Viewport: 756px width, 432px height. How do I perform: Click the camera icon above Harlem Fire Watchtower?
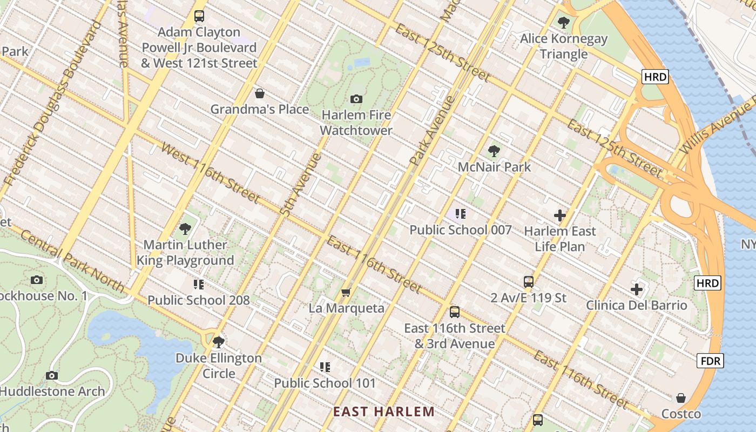356,99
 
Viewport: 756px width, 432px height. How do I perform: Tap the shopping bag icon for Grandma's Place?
260,93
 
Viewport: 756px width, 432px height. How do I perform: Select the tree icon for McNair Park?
494,151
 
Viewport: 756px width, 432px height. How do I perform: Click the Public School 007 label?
460,230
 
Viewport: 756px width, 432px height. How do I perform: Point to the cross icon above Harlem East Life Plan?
560,216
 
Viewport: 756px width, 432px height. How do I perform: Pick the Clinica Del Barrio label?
637,305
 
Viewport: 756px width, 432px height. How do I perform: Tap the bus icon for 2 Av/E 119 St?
529,282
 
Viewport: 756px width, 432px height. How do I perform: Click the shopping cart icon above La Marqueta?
346,293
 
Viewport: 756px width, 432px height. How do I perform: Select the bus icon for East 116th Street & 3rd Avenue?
455,312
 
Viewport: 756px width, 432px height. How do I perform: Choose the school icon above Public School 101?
325,367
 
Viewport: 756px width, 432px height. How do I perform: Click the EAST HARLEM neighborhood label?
383,412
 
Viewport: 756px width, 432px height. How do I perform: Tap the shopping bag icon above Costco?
681,399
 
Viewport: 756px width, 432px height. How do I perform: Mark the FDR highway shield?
710,361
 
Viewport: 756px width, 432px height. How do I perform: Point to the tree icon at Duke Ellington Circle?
219,342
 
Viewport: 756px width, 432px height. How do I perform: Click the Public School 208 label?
199,300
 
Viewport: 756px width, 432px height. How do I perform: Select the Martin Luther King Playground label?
185,253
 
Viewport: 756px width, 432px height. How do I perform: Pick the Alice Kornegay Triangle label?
564,46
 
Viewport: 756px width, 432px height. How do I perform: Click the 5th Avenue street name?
301,185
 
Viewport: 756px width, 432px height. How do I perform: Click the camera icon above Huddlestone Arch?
52,375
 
